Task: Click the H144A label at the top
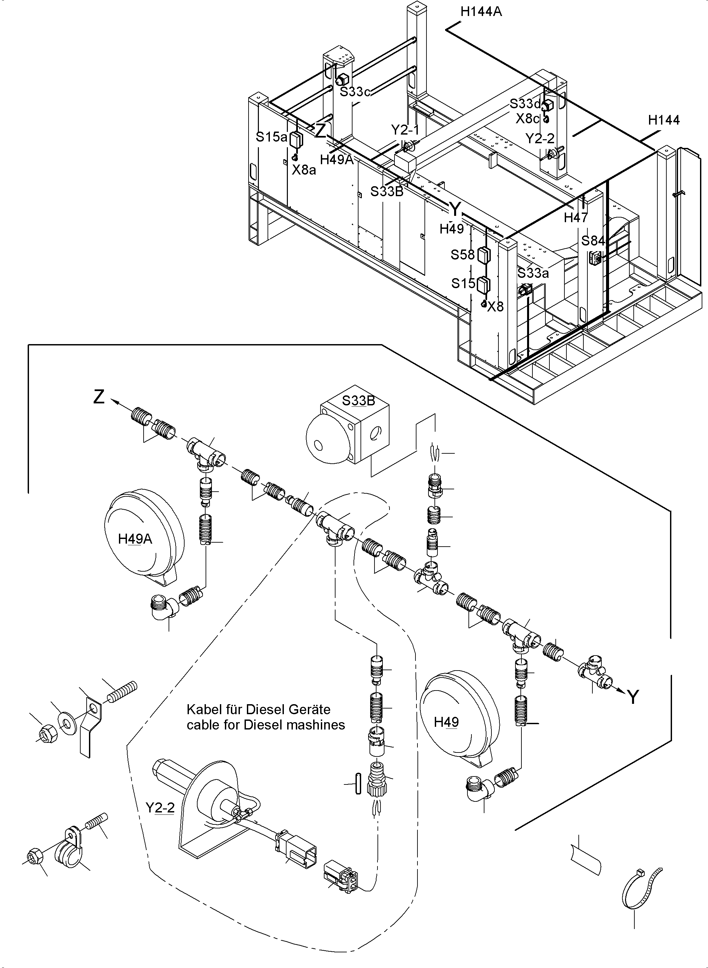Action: (481, 12)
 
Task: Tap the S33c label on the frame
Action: (355, 92)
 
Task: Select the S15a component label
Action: (271, 137)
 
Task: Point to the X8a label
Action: (304, 170)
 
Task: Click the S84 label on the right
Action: (593, 241)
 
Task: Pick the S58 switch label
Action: (462, 255)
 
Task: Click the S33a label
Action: (533, 273)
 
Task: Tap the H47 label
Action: (576, 218)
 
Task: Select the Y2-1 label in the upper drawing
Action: (405, 129)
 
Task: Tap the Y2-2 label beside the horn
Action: (160, 808)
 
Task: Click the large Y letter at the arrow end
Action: (633, 698)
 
